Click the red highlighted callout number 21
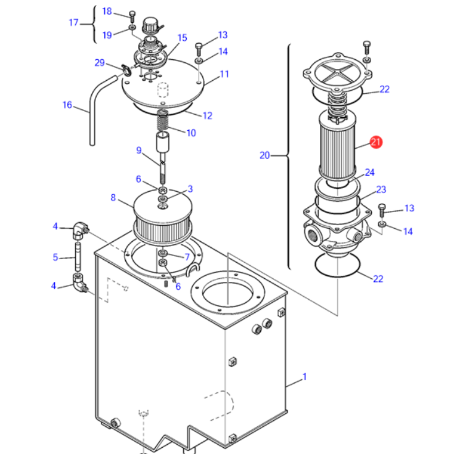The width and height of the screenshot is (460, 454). coord(376,142)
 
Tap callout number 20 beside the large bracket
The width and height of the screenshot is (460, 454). coord(265,155)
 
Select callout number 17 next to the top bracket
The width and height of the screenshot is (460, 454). coord(73,23)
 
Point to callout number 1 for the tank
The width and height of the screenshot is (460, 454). coord(305,376)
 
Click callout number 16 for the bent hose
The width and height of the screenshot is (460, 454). coord(67,105)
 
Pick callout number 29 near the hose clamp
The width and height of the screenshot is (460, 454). coord(99,62)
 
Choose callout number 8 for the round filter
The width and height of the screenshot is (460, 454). coord(113,197)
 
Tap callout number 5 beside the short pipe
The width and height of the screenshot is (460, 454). coord(55,257)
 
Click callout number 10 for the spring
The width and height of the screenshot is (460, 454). coord(191,133)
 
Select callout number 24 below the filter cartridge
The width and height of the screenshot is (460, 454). coord(369,172)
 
